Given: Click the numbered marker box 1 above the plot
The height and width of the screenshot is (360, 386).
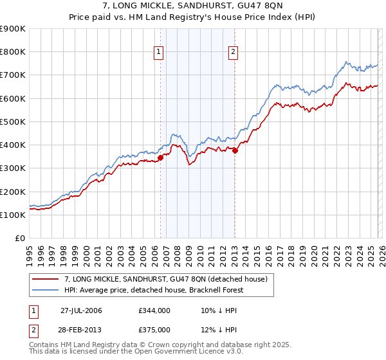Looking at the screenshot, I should (x=159, y=53).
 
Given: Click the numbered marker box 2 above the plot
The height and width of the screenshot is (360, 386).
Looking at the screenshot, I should (x=233, y=53).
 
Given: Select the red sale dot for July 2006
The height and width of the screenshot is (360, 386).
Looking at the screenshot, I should (x=160, y=158).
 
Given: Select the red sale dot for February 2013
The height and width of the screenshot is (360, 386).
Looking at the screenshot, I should (x=235, y=151).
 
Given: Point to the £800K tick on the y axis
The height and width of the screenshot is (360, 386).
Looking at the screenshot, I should (x=13, y=52).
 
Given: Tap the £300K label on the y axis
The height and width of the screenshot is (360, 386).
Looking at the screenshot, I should (x=13, y=168).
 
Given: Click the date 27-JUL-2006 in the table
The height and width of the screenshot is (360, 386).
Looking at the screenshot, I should (x=81, y=310).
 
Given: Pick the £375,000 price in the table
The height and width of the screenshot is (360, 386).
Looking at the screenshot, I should (x=154, y=329).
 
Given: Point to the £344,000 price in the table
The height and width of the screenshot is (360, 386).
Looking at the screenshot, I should (x=154, y=310).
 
